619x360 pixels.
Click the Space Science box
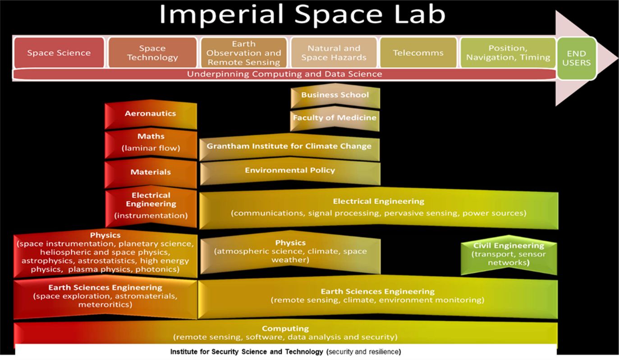[59, 53]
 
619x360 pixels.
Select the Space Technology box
[152, 53]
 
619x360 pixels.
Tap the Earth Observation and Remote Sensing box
[244, 53]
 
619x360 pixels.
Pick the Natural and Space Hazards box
[334, 53]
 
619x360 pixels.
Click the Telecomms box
[418, 53]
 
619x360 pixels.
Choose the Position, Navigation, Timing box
[508, 53]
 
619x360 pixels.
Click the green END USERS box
[576, 58]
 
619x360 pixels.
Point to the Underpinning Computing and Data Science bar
[284, 74]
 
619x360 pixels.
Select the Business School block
[335, 95]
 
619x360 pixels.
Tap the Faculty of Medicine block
[335, 118]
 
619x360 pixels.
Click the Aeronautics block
[151, 114]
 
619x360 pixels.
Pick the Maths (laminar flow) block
[151, 143]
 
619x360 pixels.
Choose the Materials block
[151, 172]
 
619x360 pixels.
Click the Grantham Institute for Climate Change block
[289, 147]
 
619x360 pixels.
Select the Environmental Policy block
[290, 171]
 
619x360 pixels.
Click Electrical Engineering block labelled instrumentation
[151, 206]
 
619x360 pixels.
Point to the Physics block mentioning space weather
[290, 251]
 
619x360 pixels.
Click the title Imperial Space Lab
[302, 15]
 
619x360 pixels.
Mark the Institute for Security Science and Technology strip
[285, 351]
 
